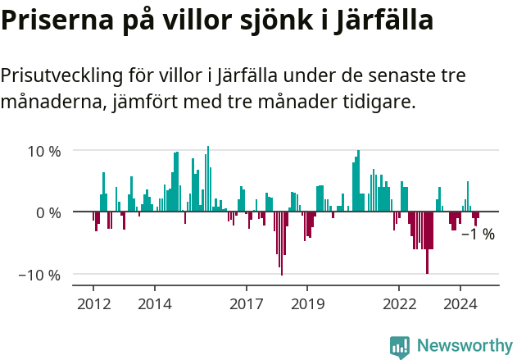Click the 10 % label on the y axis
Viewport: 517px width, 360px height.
(44, 152)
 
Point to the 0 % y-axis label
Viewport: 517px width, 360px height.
(49, 213)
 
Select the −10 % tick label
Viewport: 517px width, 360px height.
(40, 275)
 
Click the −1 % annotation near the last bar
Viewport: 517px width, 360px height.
(478, 235)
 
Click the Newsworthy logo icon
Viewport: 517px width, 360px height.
(400, 346)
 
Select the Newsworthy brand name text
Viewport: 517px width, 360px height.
(464, 346)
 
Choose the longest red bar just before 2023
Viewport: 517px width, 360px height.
(427, 243)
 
